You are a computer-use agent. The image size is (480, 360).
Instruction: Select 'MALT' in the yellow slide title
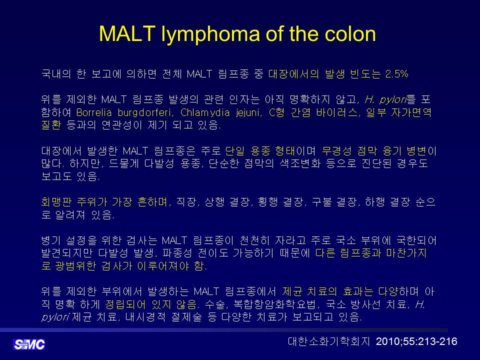click(127, 33)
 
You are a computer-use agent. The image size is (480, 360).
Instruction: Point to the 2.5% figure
click(396, 74)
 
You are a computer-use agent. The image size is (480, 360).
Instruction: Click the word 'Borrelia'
click(94, 112)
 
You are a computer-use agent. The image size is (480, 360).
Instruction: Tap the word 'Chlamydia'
click(205, 113)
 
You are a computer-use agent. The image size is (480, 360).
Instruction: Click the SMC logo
click(29, 344)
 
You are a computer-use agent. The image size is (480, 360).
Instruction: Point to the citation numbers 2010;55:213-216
click(416, 341)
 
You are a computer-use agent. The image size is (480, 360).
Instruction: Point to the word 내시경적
click(145, 317)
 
